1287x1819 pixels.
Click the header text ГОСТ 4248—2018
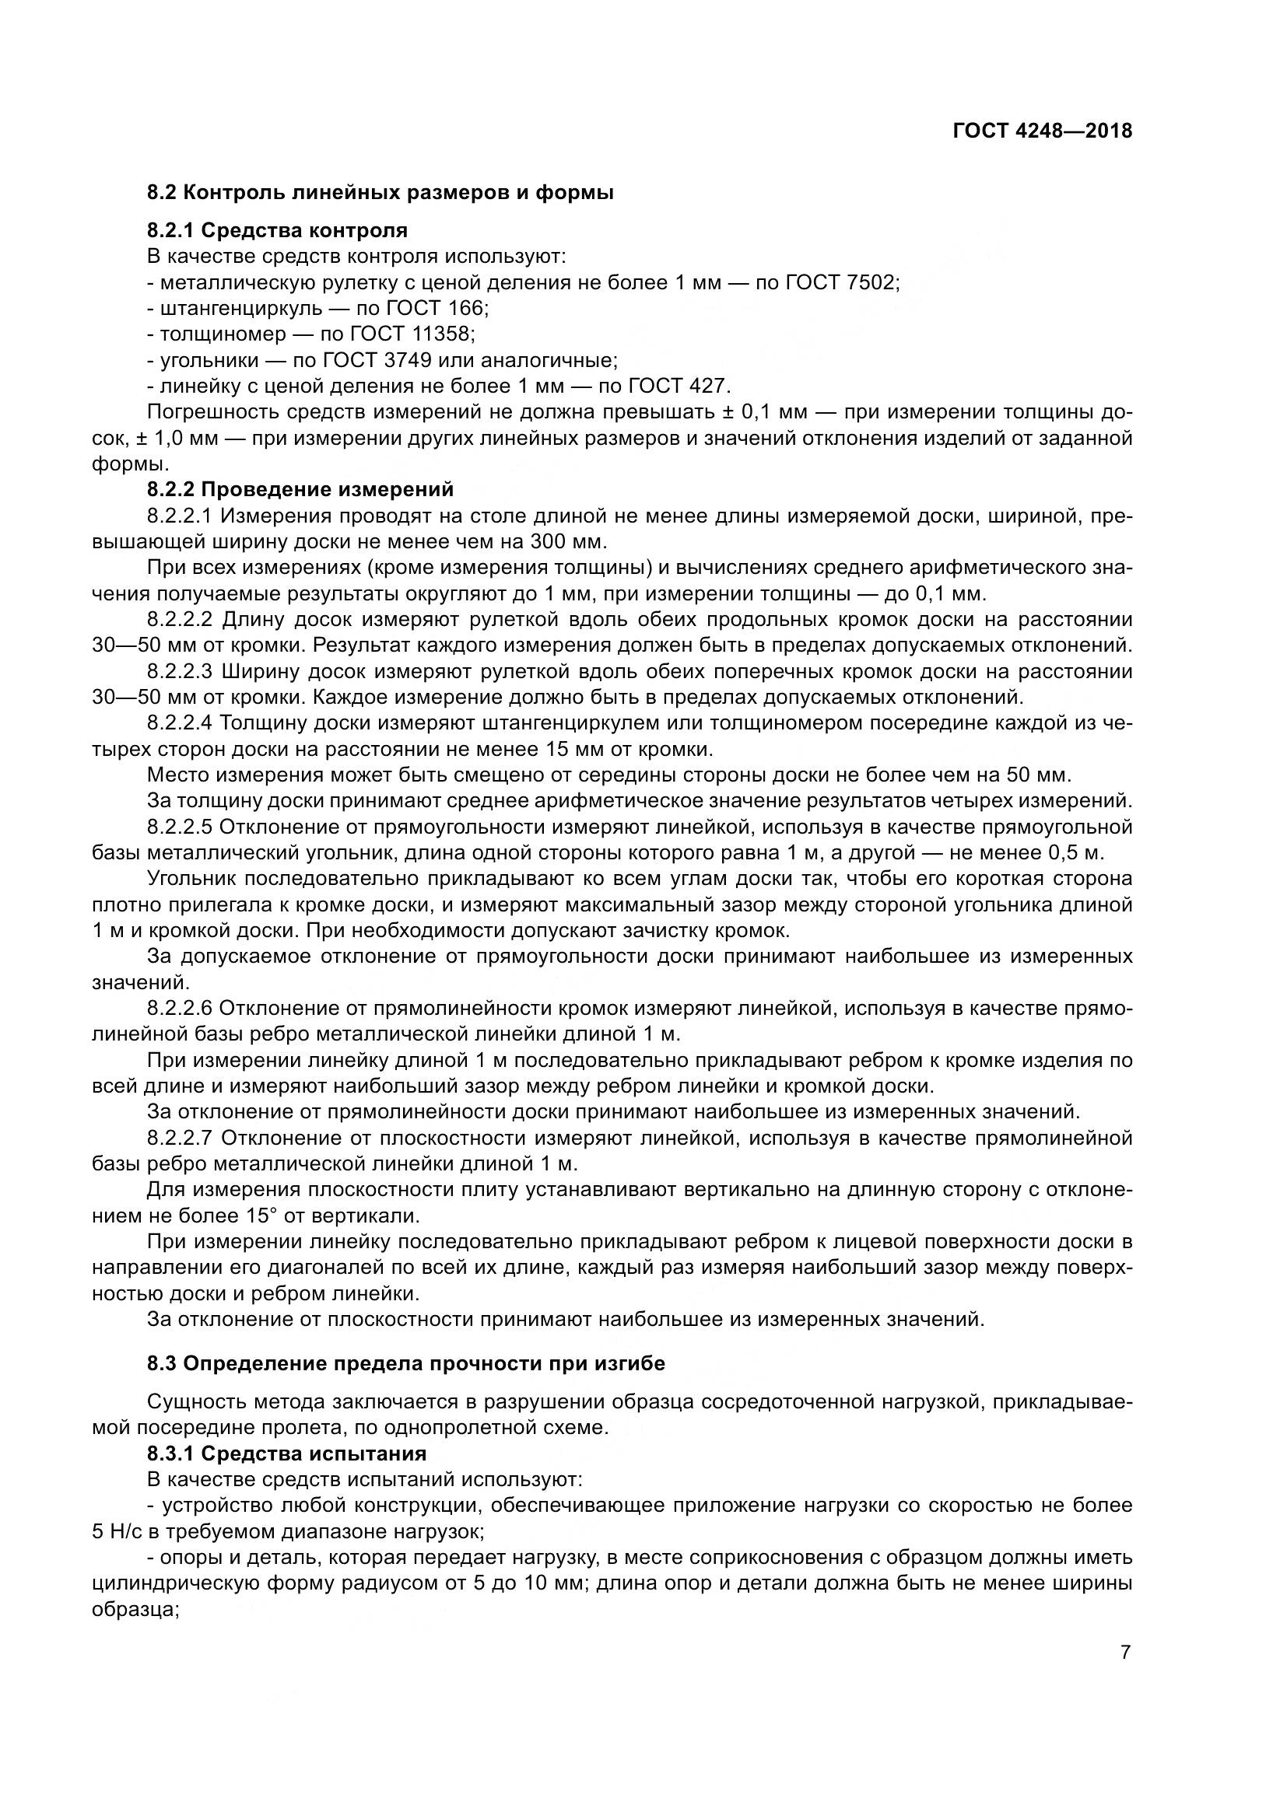click(x=1042, y=131)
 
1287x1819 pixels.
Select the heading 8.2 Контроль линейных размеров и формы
click(x=380, y=193)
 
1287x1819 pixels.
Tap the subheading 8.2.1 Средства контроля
click(x=277, y=230)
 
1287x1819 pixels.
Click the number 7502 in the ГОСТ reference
click(x=870, y=283)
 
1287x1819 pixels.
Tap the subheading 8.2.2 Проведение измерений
click(x=300, y=490)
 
